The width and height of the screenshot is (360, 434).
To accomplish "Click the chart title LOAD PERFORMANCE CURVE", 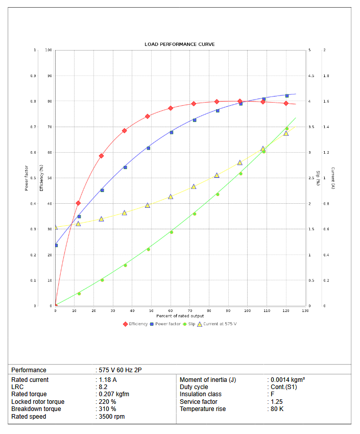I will pyautogui.click(x=179, y=44).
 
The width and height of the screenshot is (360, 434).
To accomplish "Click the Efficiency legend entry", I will pyautogui.click(x=135, y=324).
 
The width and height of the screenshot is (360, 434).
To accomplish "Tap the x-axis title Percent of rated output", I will pyautogui.click(x=180, y=316).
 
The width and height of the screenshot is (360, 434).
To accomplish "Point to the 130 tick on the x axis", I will pyautogui.click(x=305, y=310).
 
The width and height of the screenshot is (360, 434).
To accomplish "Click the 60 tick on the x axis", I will pyautogui.click(x=171, y=310).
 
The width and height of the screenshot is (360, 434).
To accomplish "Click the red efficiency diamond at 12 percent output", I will pyautogui.click(x=78, y=203).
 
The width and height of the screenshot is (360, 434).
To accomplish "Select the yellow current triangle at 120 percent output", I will pyautogui.click(x=286, y=133).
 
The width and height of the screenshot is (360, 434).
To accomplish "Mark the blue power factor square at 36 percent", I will pyautogui.click(x=125, y=167).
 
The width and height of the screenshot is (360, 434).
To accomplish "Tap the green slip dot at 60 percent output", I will pyautogui.click(x=171, y=232).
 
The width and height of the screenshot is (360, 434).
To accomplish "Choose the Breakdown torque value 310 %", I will pyautogui.click(x=107, y=409).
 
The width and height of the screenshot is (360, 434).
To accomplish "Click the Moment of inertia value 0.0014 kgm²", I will pyautogui.click(x=287, y=380).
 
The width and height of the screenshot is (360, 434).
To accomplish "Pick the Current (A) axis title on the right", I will pyautogui.click(x=332, y=178).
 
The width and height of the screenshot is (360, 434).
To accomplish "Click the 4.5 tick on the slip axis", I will pyautogui.click(x=310, y=76).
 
